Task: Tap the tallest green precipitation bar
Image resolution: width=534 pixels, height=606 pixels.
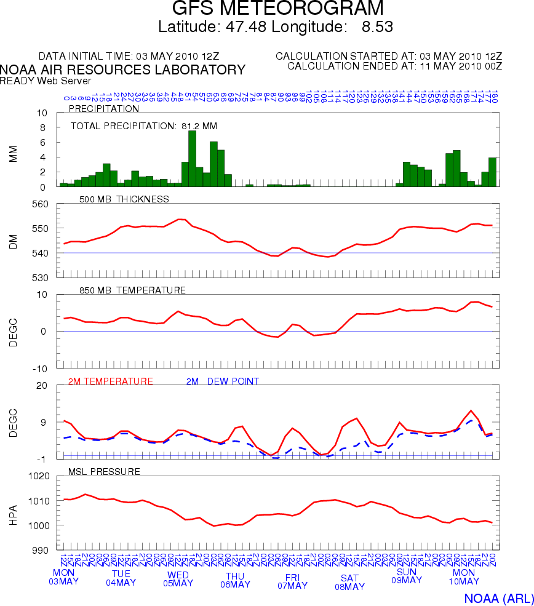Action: coord(192,158)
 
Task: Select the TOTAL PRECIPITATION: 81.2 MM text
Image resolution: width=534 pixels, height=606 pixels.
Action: coord(144,126)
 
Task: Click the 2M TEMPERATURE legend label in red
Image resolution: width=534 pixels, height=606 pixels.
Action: coord(110,381)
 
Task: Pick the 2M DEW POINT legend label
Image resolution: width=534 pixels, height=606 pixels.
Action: coord(222,381)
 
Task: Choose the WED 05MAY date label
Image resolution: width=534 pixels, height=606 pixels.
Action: coord(178,579)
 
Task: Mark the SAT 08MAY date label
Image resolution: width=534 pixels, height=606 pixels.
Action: coord(349,582)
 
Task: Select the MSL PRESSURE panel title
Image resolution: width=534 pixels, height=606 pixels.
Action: coord(105,472)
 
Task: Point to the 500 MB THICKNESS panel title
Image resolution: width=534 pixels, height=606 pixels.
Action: coord(124,199)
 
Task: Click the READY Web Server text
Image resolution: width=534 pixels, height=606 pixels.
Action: coord(46,81)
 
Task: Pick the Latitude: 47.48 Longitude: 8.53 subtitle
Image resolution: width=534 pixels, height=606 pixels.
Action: coord(276,27)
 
